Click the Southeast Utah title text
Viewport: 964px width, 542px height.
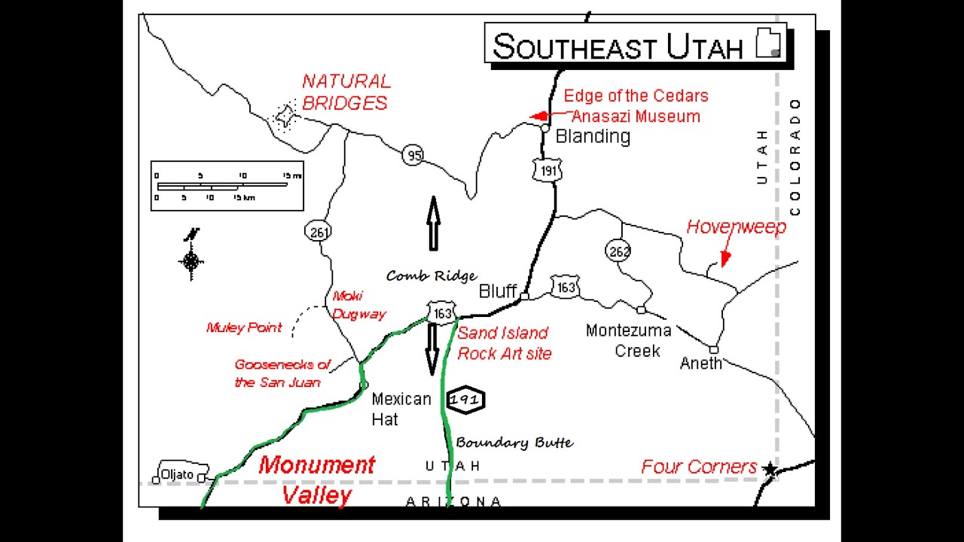click(x=618, y=47)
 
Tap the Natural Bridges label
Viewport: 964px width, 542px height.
click(x=346, y=92)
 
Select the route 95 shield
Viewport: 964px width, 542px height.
click(x=412, y=155)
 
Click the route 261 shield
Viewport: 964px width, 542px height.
click(x=319, y=232)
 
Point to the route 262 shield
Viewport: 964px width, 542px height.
click(x=618, y=251)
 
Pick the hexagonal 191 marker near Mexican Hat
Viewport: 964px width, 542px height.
click(x=465, y=400)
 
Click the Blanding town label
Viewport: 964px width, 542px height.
click(x=593, y=136)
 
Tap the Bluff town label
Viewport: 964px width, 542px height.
click(x=498, y=291)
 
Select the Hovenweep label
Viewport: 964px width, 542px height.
click(x=736, y=227)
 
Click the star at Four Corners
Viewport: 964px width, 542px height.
click(x=770, y=469)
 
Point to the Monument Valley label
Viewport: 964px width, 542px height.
click(x=316, y=480)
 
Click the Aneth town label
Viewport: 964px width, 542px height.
click(x=700, y=364)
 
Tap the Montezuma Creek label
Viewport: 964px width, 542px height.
click(x=628, y=340)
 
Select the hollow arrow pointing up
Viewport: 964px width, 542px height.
click(x=433, y=224)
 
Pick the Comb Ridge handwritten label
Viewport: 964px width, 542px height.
click(x=432, y=276)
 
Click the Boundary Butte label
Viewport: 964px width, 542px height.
click(x=514, y=443)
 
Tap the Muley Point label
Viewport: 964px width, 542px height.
click(x=244, y=327)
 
